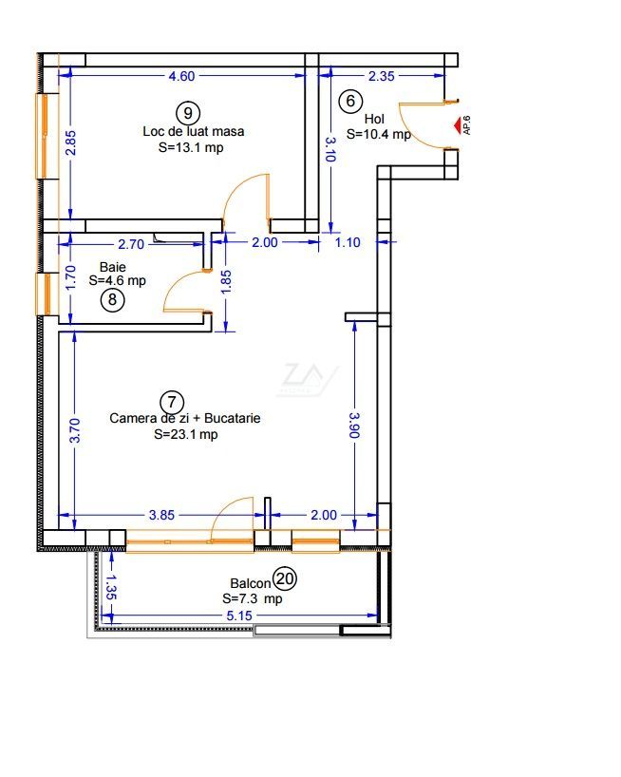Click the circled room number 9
pos(188,113)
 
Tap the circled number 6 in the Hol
pos(350,101)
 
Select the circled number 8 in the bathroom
pos(112,299)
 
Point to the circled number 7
pos(172,402)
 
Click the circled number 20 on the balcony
pos(285,578)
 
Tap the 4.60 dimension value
pos(181,76)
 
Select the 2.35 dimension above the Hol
pos(382,76)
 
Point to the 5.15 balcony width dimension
pos(239,616)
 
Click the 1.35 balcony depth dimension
pos(111,587)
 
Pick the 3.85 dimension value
pos(162,516)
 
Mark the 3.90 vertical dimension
pos(354,426)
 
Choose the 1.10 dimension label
pos(348,243)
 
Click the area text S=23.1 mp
pos(186,435)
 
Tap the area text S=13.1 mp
pos(191,147)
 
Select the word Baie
pos(112,267)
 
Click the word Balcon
pos(251,584)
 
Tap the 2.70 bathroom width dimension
pos(131,244)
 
